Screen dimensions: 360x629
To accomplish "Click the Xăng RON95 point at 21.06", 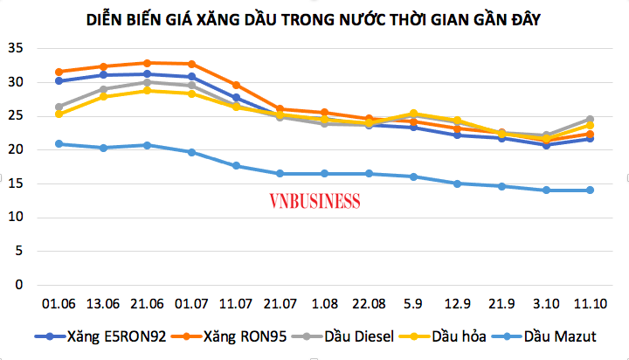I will coord(147,63).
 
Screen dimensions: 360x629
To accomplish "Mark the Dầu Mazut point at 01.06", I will coord(59,143).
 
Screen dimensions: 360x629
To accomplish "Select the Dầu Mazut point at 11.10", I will coord(590,190).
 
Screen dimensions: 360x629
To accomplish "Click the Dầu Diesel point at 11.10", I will coord(590,119).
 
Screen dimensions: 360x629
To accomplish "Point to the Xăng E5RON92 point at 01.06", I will coord(59,80).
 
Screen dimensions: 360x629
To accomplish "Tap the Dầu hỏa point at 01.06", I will coord(59,114).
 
